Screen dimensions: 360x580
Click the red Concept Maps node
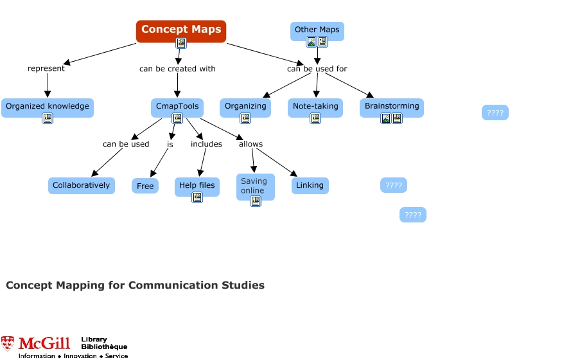point(180,30)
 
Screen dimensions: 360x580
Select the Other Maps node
point(317,30)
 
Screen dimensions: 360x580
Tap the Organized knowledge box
point(48,106)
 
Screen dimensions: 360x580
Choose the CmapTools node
point(177,106)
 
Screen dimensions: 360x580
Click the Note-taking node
point(315,106)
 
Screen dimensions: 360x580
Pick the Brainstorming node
point(392,106)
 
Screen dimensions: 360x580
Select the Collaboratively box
point(81,185)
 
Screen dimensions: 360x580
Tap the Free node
point(145,186)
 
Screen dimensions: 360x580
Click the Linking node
point(310,185)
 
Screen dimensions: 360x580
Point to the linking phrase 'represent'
point(46,69)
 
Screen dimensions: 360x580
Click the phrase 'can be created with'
point(177,69)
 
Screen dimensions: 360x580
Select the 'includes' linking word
point(206,144)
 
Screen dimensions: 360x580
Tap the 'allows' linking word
point(250,144)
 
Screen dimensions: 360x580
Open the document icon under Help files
point(197,197)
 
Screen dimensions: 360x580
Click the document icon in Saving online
point(256,201)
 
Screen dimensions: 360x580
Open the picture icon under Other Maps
point(312,42)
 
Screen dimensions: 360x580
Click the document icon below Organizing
point(245,118)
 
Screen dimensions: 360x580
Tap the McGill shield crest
point(7,343)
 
